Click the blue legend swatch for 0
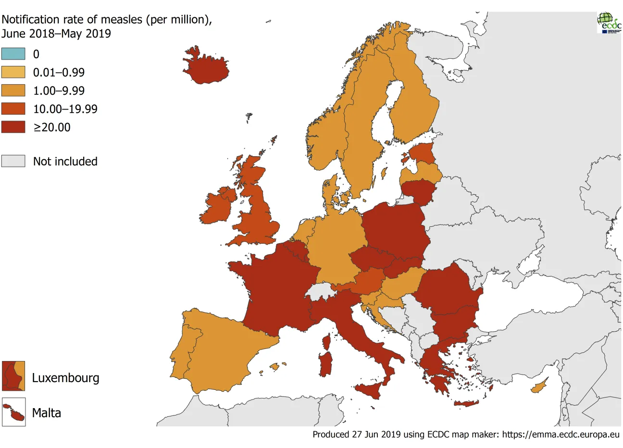(13, 54)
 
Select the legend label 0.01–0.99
(59, 73)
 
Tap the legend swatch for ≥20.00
(13, 127)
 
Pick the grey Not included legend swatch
(13, 161)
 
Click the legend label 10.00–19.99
(65, 109)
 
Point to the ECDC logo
(609, 22)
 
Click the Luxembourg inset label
(65, 378)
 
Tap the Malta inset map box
(13, 412)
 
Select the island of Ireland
(219, 207)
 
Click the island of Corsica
(327, 342)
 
